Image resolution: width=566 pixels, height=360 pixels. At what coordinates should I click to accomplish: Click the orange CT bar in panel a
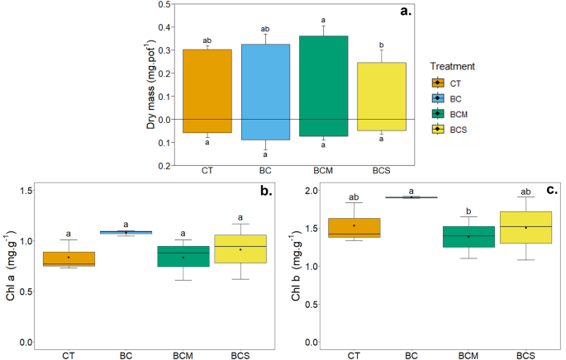tap(207, 91)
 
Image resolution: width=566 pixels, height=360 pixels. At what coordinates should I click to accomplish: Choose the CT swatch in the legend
tap(439, 83)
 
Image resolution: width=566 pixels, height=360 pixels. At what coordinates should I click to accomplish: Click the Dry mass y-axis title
tap(152, 83)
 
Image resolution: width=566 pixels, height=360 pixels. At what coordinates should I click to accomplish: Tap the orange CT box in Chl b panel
tap(354, 228)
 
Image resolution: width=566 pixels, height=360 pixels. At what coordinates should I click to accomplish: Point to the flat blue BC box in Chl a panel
tap(126, 232)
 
